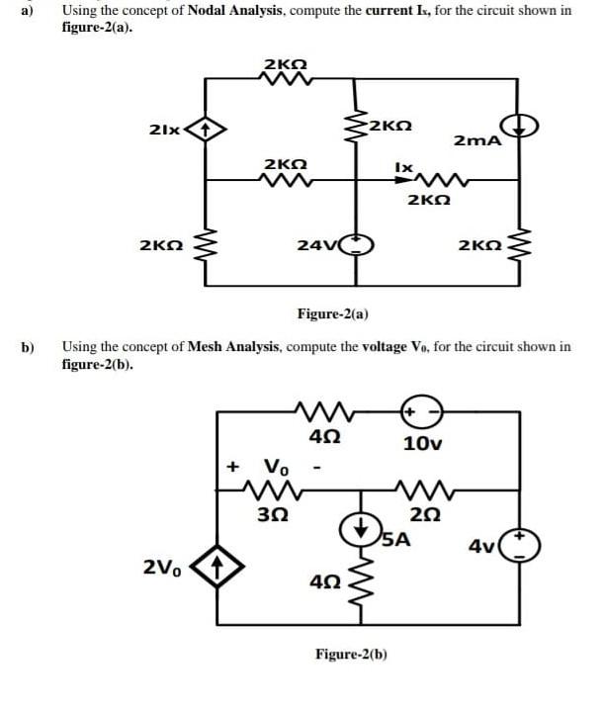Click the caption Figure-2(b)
coord(351,654)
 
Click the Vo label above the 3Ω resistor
coord(276,466)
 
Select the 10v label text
coord(423,443)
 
